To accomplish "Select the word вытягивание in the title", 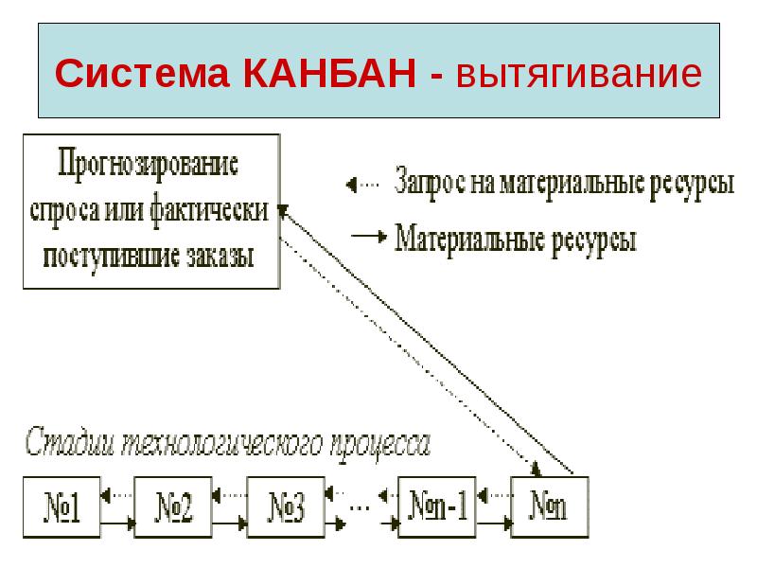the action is pos(576,74).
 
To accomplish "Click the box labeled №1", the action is pos(62,508).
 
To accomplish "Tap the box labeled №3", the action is pos(285,508).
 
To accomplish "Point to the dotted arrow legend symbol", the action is pos(361,182).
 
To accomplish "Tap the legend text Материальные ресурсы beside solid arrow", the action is pos(515,237).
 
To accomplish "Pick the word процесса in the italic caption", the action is pos(384,444).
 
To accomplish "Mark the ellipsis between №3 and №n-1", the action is pos(361,506).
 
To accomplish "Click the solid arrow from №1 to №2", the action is pos(117,522).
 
